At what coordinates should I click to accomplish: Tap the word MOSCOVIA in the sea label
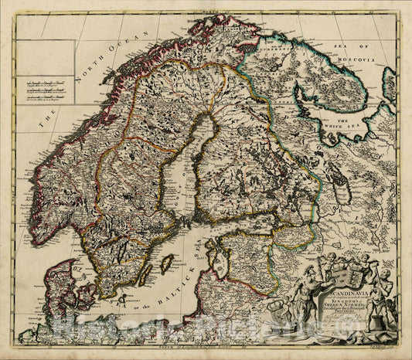368,59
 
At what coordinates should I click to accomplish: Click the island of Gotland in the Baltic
165,265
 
